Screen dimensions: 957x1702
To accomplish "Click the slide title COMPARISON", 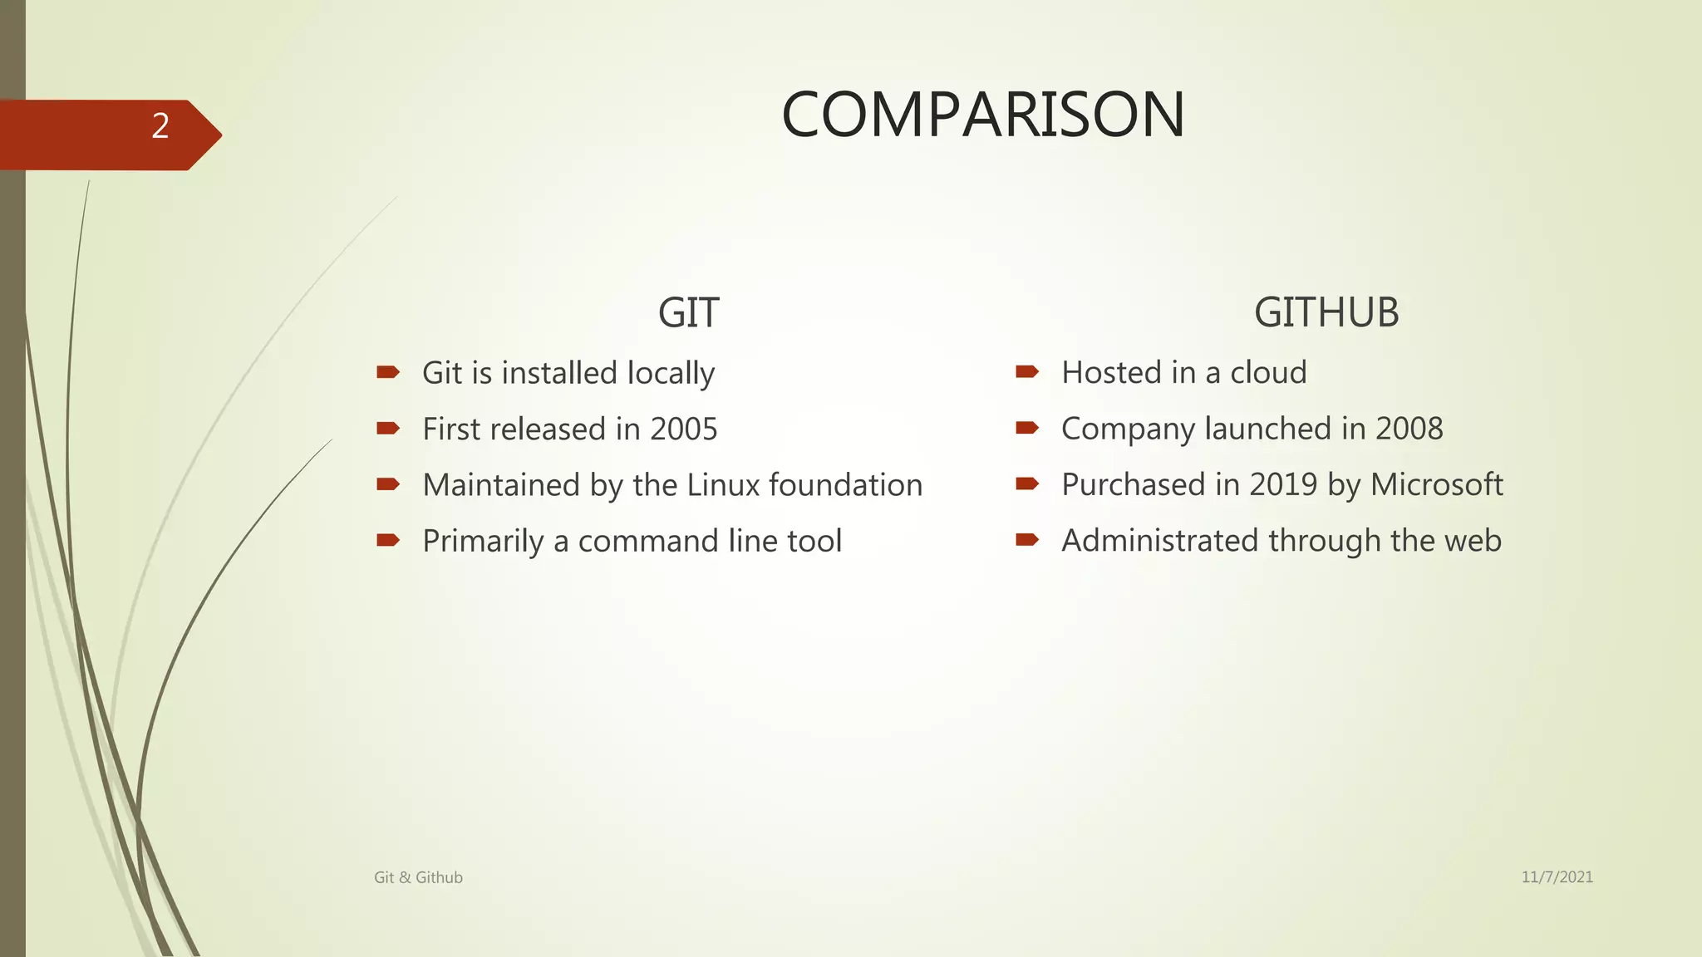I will [x=983, y=115].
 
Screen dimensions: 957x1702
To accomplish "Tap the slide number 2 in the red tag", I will [x=160, y=126].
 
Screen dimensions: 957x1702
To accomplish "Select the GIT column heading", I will [x=688, y=313].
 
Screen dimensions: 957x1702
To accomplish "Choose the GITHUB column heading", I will [x=1326, y=313].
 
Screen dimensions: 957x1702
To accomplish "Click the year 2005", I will [x=683, y=429].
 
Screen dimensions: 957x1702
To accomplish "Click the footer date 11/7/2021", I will [x=1557, y=877].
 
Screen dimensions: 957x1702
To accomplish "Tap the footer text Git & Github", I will [x=418, y=877].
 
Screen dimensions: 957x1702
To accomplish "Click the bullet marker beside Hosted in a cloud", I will [x=1027, y=372].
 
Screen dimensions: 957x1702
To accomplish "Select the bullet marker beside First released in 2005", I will [x=388, y=429].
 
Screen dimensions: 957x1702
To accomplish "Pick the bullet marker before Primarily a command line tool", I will [x=388, y=541].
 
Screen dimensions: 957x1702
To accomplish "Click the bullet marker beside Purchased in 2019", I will [x=1027, y=483].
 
